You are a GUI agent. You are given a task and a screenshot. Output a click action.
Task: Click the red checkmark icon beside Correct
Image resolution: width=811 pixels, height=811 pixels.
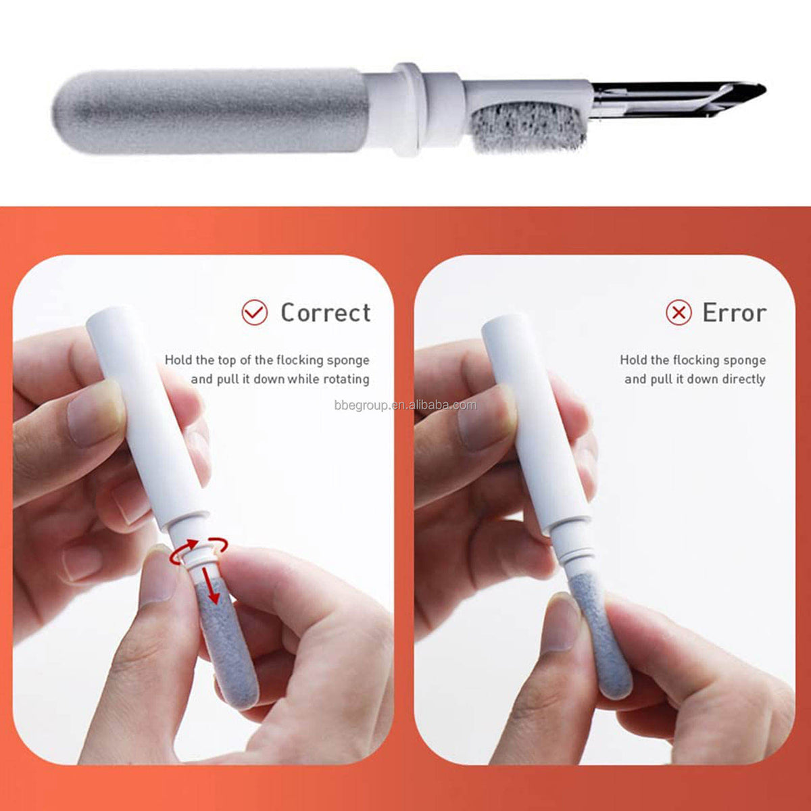point(255,313)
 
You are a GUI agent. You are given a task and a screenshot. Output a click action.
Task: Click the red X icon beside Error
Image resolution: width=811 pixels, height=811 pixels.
point(679,313)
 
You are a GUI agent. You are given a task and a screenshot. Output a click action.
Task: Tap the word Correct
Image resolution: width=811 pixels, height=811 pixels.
point(326,313)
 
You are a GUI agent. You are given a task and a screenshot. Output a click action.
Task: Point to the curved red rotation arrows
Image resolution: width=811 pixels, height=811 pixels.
point(198,550)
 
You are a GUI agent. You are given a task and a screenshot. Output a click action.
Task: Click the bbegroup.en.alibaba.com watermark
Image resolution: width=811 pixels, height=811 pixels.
point(405,405)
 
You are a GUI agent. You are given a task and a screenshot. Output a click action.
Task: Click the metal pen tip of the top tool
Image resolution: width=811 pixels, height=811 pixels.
point(678,99)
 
